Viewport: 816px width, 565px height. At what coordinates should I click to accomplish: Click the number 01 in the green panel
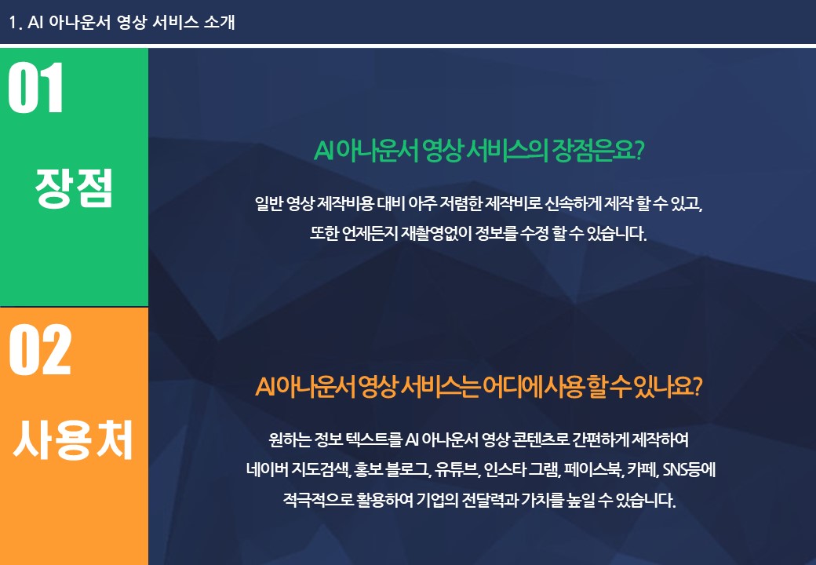35,87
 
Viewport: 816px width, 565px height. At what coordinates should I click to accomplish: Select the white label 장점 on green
74,188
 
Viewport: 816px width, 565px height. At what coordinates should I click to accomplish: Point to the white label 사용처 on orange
73,439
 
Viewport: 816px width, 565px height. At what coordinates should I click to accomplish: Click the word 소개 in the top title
219,22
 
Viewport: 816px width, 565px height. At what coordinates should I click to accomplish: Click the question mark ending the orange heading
697,387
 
